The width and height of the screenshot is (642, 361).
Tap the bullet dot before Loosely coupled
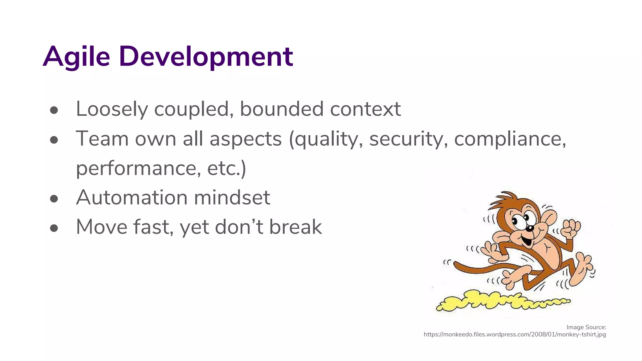pos(54,110)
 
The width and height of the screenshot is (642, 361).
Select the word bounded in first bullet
pos(281,109)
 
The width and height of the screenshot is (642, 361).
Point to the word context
pos(365,109)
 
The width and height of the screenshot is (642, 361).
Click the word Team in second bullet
pos(102,139)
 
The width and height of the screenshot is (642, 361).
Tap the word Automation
pos(132,197)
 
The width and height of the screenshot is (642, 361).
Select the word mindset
pos(232,197)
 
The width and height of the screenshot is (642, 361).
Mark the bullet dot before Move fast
pos(54,228)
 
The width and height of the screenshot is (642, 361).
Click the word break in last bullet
pos(295,227)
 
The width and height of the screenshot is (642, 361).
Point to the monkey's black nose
pos(530,228)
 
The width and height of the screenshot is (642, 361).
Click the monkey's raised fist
pos(571,229)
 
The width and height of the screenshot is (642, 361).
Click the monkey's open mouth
pos(527,241)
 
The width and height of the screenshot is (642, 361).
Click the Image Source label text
pos(586,327)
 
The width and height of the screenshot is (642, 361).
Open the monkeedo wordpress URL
pos(514,334)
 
